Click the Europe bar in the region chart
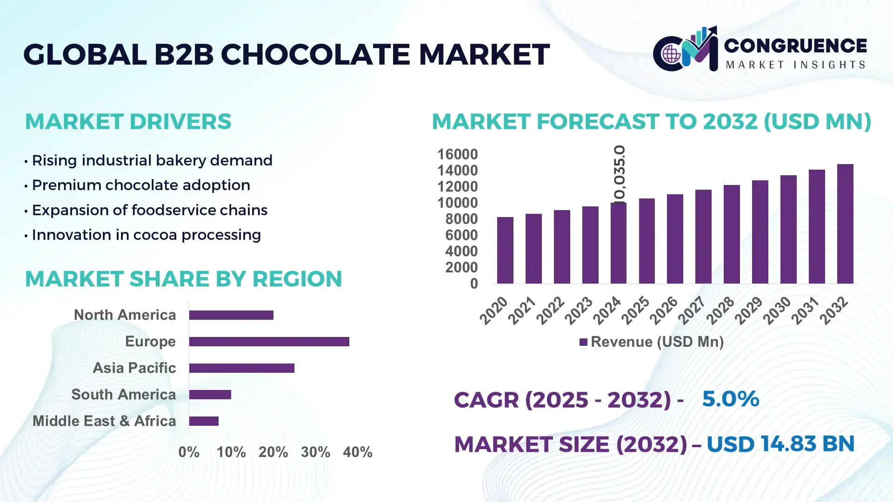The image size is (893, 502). tap(269, 342)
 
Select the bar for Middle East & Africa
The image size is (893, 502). tap(204, 421)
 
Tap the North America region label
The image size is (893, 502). tap(125, 315)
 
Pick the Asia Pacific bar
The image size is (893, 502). tap(241, 368)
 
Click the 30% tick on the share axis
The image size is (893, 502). tap(315, 452)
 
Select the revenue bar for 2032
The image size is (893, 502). tap(845, 224)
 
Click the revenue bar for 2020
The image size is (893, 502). tap(505, 251)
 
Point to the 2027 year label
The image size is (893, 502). tap(692, 310)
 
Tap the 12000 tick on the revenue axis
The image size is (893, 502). tap(457, 186)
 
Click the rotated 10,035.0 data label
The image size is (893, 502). tap(620, 174)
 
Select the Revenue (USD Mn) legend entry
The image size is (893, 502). tap(652, 342)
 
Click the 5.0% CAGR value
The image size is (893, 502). tap(730, 399)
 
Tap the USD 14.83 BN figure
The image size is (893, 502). tap(780, 444)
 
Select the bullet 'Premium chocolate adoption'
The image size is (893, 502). tap(140, 185)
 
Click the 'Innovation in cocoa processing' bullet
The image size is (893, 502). tap(146, 235)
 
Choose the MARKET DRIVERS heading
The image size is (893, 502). tap(128, 122)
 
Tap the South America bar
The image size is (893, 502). tap(210, 395)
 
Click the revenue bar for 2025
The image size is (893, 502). tap(646, 241)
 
